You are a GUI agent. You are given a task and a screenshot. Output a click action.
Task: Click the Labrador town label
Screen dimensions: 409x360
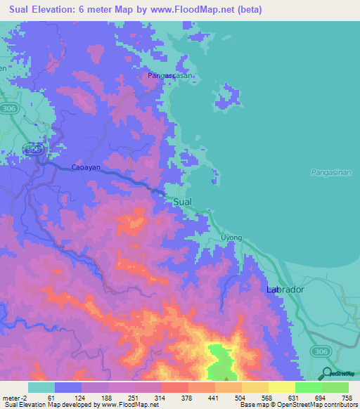tap(285, 290)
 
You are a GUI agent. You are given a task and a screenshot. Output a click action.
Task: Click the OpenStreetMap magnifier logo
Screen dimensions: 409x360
tap(328, 373)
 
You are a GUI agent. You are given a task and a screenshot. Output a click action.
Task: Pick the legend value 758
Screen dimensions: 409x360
tap(346, 398)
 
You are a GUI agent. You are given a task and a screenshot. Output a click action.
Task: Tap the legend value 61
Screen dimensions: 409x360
tap(51, 398)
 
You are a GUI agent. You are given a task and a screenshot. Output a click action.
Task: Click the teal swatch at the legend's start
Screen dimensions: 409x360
tap(41, 387)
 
